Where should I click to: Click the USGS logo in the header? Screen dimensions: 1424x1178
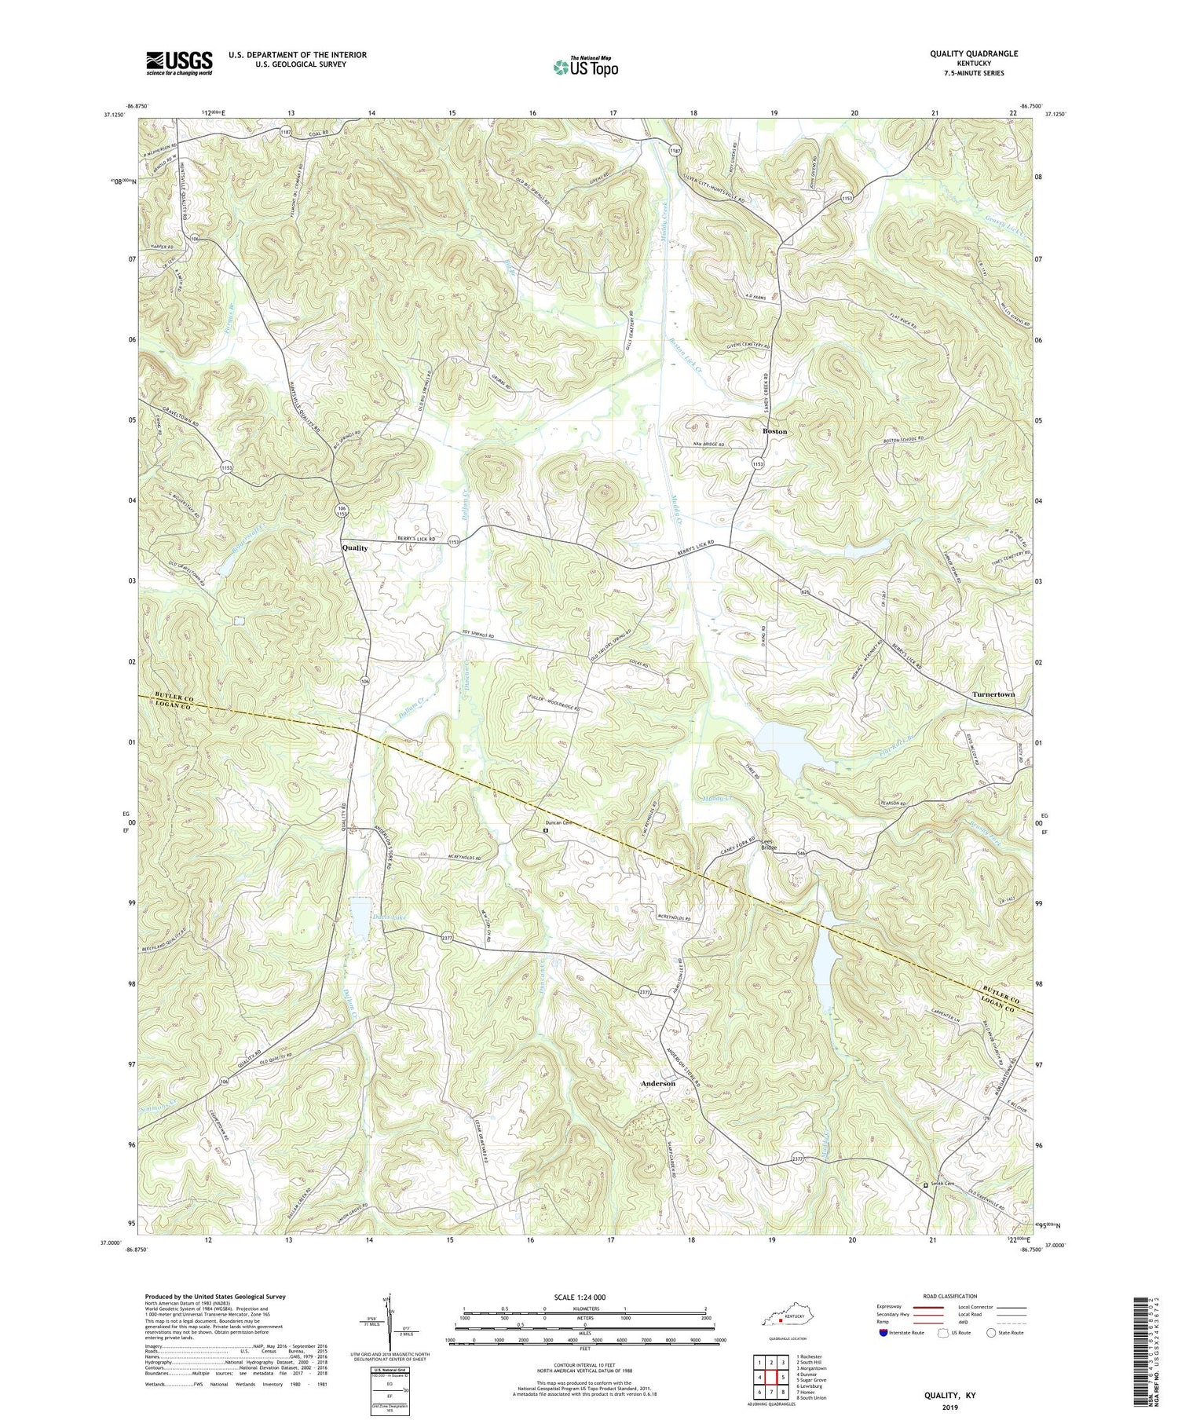pos(179,63)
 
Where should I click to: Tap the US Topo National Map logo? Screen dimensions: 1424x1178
pos(584,67)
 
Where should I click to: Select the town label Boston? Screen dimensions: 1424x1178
pos(774,431)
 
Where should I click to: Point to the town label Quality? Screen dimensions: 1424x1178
pos(354,548)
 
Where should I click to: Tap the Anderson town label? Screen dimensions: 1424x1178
pos(657,1083)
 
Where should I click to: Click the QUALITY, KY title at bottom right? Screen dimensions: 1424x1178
pos(949,1397)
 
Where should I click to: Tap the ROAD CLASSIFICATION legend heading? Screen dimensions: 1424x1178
pos(949,1296)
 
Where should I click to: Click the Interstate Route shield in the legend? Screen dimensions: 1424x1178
pos(883,1333)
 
